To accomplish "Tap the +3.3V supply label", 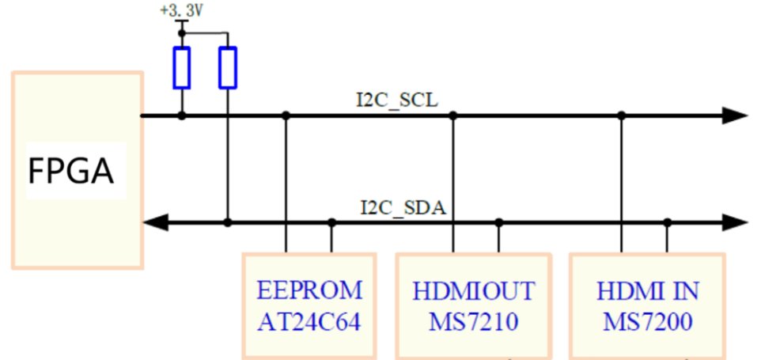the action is [181, 12].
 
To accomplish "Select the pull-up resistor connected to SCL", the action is [182, 67].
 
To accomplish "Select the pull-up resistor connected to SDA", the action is [228, 67].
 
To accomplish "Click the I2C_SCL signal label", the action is [396, 100].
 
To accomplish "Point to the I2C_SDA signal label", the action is [403, 208].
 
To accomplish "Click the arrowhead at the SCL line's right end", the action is [735, 116].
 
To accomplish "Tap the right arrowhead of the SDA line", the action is [735, 223].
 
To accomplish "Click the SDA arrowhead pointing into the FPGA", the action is [153, 223].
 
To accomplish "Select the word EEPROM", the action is [309, 290].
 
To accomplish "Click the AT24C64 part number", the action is [309, 322].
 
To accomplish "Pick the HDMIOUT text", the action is [473, 290].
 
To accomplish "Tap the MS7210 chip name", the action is [473, 322].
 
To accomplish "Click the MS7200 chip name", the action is [648, 322].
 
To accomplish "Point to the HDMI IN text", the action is [648, 290].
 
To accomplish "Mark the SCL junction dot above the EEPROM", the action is [286, 116].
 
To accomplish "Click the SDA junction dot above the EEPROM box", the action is [331, 223].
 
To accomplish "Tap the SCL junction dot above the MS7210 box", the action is [453, 116].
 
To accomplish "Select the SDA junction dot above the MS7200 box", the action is [668, 223].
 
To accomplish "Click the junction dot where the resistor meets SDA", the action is [228, 223].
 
